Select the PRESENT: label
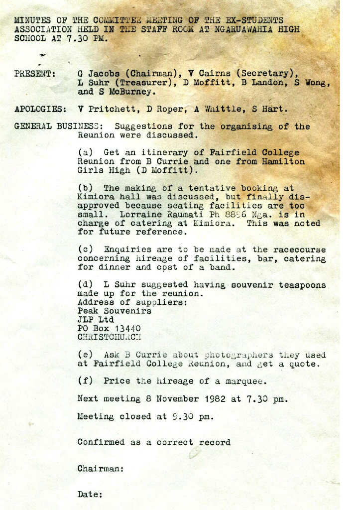pyautogui.click(x=34, y=74)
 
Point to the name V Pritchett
pyautogui.click(x=104, y=109)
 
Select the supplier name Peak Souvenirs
pyautogui.click(x=115, y=311)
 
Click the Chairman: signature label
pyautogui.click(x=101, y=469)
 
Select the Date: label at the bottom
pyautogui.click(x=90, y=495)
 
